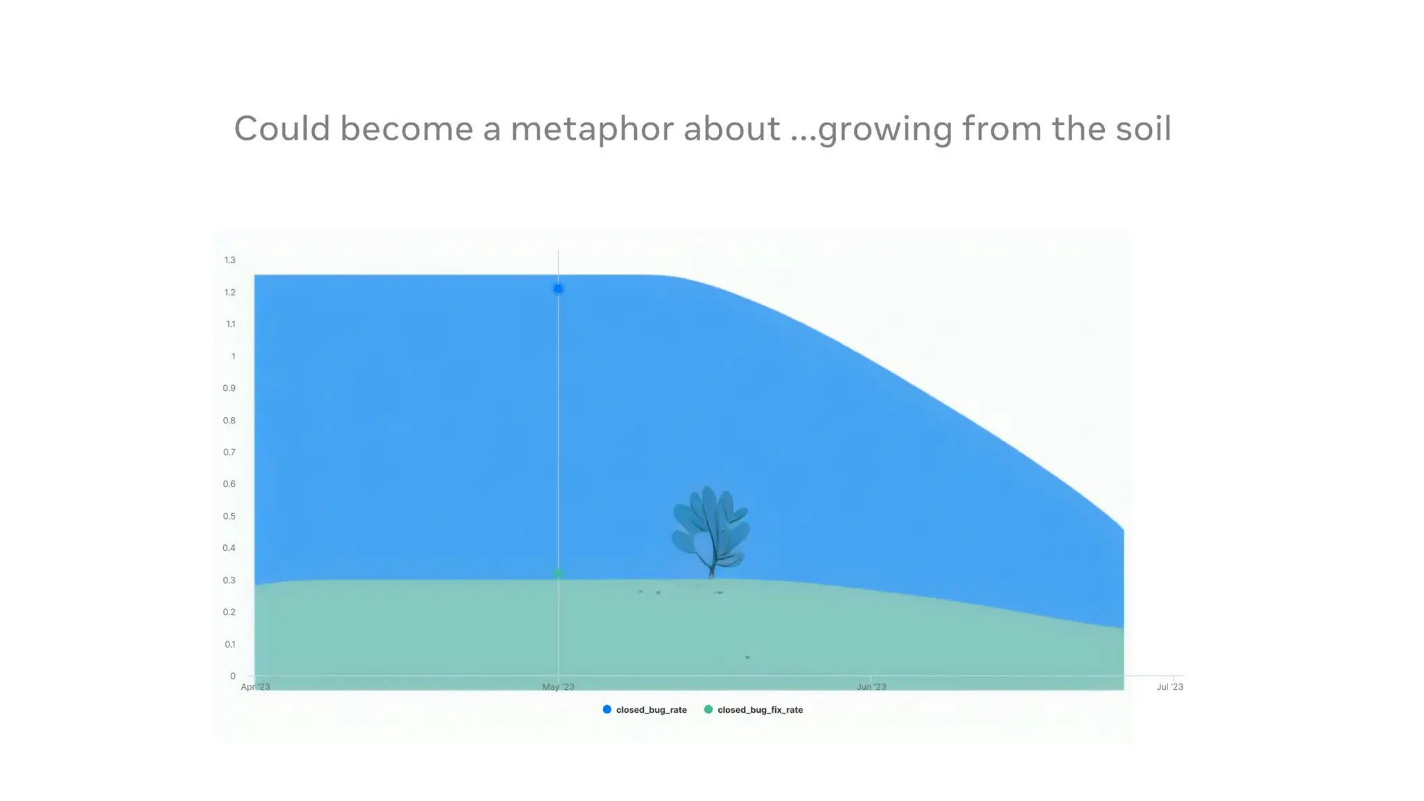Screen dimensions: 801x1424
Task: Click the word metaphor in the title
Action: click(592, 129)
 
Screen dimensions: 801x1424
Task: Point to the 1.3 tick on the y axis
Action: click(229, 260)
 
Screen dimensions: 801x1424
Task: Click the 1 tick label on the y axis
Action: click(233, 357)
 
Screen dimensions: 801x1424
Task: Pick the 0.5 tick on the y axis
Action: click(229, 517)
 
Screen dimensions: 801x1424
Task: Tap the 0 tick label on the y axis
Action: click(232, 676)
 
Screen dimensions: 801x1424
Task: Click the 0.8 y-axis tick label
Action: click(229, 421)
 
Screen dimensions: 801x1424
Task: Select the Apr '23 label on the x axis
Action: click(255, 687)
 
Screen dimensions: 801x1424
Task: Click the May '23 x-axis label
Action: click(558, 687)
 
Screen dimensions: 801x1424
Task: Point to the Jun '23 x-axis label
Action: click(871, 687)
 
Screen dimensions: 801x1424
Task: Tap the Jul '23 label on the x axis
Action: click(1170, 687)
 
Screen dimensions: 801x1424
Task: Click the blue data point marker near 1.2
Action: click(558, 289)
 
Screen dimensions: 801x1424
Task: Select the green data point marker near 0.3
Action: click(558, 573)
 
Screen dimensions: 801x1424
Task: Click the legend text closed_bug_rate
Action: click(651, 710)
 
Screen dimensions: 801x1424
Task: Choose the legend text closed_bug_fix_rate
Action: click(760, 710)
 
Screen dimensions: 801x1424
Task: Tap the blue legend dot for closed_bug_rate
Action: click(607, 709)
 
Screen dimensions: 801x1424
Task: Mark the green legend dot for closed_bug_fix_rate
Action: click(709, 709)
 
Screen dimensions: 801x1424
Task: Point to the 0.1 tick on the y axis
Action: click(229, 645)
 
